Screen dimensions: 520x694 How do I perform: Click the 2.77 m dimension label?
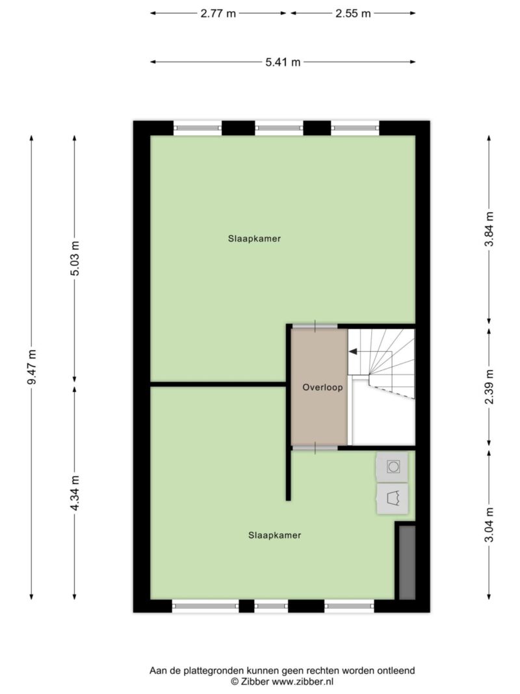(x=218, y=13)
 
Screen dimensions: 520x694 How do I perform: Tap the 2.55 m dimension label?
(x=353, y=13)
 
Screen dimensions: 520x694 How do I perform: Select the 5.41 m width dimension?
(x=283, y=62)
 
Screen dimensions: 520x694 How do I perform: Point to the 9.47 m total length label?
(x=31, y=367)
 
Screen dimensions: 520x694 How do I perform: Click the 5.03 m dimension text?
(x=75, y=258)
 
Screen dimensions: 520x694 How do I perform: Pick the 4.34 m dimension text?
(x=75, y=493)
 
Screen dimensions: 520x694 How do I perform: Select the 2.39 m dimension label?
(x=489, y=387)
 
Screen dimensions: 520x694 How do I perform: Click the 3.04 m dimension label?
(x=489, y=525)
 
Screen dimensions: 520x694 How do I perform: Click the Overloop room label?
(x=322, y=387)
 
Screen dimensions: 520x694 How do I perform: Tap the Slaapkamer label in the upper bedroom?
(x=254, y=239)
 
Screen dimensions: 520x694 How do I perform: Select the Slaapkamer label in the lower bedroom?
(x=274, y=535)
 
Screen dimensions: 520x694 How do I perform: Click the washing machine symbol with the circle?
(x=393, y=466)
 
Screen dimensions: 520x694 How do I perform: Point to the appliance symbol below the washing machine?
(x=393, y=499)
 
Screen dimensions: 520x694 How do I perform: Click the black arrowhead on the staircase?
(x=353, y=351)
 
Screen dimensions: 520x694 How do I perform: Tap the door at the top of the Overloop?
(x=315, y=327)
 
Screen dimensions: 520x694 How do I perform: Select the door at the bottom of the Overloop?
(x=315, y=448)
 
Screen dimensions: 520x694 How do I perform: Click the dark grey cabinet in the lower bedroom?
(x=408, y=563)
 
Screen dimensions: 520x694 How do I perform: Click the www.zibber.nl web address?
(x=302, y=682)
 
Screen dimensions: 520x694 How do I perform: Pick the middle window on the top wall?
(x=279, y=128)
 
